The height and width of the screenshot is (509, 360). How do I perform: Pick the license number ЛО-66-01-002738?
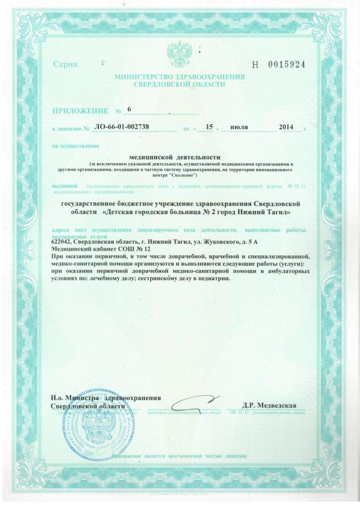[121, 127]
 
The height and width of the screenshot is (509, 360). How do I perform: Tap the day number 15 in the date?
[209, 127]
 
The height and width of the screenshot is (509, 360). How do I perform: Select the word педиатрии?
[215, 279]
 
